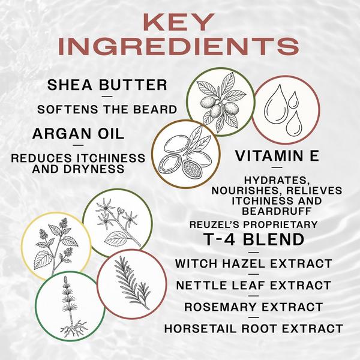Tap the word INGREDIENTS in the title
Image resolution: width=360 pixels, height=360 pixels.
tap(179, 47)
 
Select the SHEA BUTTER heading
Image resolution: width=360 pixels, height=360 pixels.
tap(107, 85)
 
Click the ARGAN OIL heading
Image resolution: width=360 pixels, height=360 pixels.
tap(78, 134)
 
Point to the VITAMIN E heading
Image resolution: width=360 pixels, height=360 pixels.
tap(277, 156)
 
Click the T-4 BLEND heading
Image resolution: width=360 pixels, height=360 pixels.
tap(254, 239)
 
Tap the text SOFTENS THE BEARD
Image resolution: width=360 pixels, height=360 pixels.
tap(107, 109)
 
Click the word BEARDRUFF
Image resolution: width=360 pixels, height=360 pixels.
tap(277, 211)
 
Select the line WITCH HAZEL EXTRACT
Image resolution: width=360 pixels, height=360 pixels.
tap(253, 263)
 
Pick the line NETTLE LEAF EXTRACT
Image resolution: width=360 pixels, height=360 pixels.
tap(253, 286)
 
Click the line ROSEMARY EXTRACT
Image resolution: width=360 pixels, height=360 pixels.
tap(253, 307)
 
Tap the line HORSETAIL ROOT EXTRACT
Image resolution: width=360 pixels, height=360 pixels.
tap(253, 329)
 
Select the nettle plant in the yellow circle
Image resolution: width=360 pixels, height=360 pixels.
tap(56, 245)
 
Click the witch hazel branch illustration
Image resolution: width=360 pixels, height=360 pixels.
tap(117, 222)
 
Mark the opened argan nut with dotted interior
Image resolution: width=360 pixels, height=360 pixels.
tap(192, 169)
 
